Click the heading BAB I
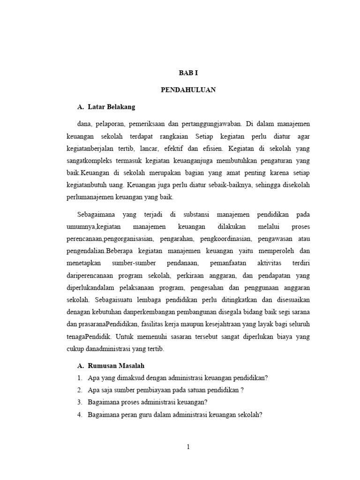pyautogui.click(x=188, y=73)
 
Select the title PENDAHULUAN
pyautogui.click(x=188, y=90)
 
